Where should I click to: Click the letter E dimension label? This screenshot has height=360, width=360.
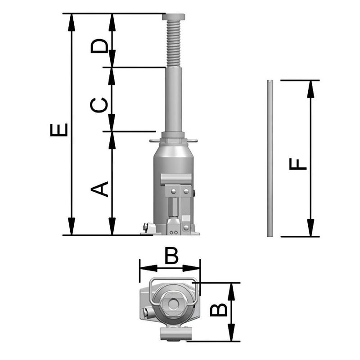[59, 130]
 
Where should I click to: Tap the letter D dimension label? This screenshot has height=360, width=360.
[99, 45]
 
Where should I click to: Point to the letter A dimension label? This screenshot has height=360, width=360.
[100, 189]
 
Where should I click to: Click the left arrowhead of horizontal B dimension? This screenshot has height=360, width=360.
[147, 268]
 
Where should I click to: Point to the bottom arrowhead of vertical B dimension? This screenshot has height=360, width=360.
[231, 333]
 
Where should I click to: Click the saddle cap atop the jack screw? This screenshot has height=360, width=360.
[174, 17]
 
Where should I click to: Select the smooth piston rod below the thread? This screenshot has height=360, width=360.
[174, 99]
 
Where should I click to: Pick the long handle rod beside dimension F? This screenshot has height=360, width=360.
[270, 158]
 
